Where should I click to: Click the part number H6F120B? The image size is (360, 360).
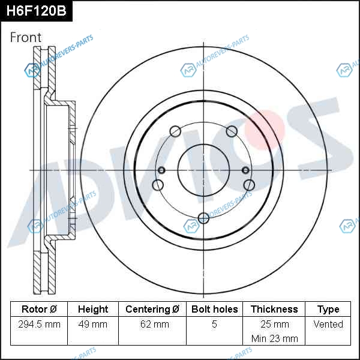click(x=36, y=11)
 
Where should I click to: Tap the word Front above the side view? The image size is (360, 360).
click(x=26, y=37)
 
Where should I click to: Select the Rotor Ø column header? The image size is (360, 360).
click(x=39, y=309)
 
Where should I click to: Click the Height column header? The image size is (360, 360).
click(x=93, y=309)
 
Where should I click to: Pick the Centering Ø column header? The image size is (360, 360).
click(x=152, y=309)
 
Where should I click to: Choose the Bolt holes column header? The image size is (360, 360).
click(x=214, y=309)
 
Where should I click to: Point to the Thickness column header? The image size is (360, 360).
click(x=274, y=309)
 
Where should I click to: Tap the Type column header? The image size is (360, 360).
click(x=328, y=310)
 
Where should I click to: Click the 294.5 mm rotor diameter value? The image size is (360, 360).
click(x=39, y=324)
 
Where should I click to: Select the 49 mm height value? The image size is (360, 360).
click(x=93, y=324)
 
